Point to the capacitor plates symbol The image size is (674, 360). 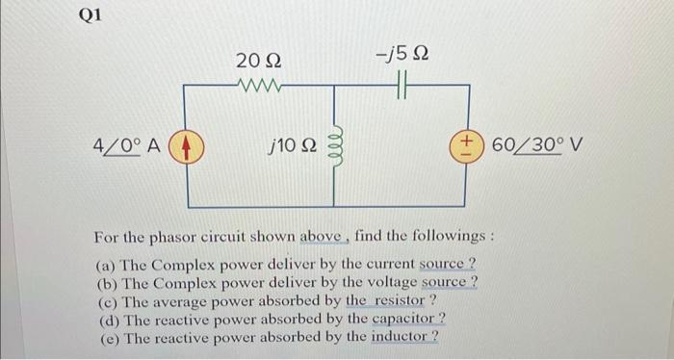tap(402, 86)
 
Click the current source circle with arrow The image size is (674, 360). tap(185, 147)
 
